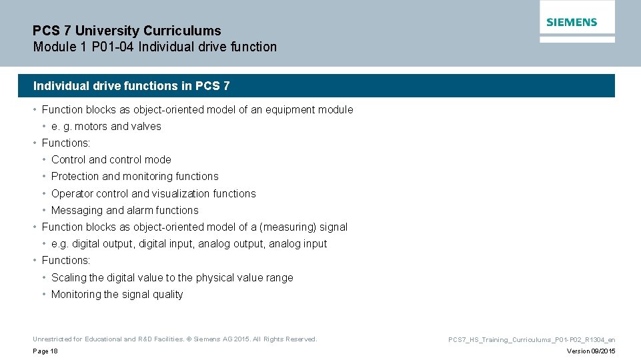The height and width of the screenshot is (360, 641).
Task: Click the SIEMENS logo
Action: [572, 22]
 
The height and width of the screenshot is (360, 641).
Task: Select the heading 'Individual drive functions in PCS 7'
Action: [131, 86]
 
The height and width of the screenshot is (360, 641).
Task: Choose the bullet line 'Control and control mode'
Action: [111, 159]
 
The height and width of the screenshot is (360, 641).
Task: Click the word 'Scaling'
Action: [69, 277]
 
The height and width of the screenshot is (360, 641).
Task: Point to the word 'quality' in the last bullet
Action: [168, 294]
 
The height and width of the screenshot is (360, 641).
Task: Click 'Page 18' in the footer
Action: [45, 351]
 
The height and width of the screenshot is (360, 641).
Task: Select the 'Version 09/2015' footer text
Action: [591, 351]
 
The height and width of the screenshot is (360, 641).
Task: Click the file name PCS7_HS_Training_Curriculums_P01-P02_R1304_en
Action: [532, 339]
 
